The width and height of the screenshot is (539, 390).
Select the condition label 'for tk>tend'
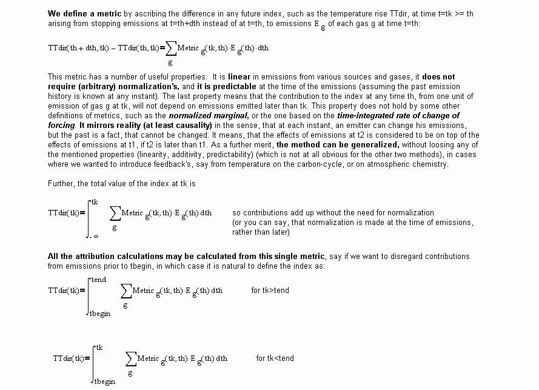[270, 291]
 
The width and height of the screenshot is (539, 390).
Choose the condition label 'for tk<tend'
[275, 358]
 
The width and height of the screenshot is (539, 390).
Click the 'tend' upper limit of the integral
[98, 280]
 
